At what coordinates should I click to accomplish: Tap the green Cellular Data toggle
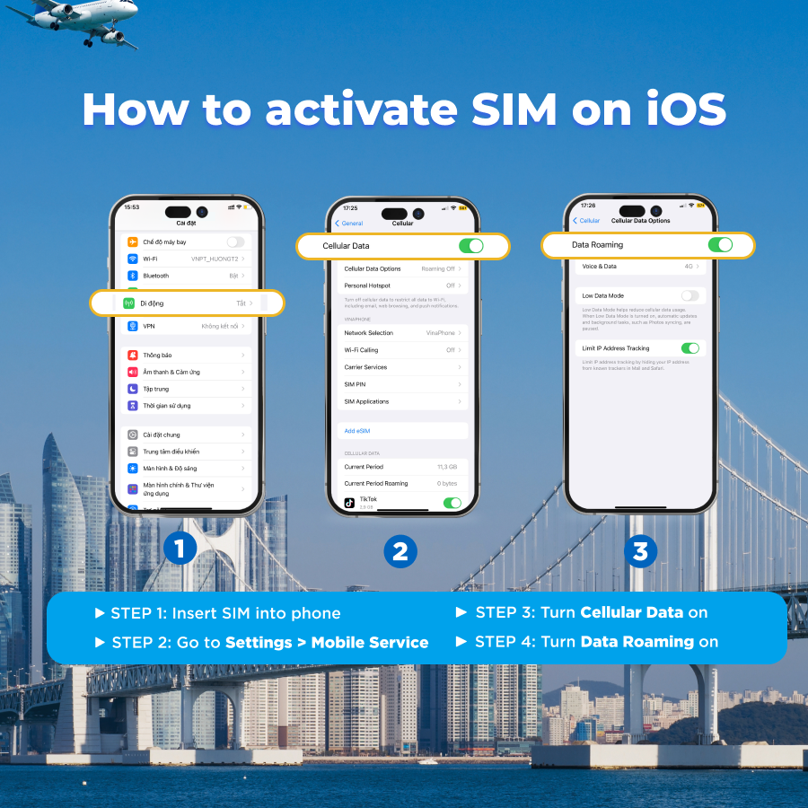point(470,246)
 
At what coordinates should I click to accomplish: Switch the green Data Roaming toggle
point(720,244)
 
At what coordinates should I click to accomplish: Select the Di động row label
point(152,303)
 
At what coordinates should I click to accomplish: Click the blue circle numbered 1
point(180,549)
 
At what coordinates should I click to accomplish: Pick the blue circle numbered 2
point(400,550)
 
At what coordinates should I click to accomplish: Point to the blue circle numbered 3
point(639,550)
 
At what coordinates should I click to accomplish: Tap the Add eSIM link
point(357,431)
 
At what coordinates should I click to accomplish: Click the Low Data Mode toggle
point(689,295)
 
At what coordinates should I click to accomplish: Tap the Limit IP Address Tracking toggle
point(689,348)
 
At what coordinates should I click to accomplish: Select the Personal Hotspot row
point(402,285)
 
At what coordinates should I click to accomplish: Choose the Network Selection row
point(402,333)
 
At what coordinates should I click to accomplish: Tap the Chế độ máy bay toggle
point(235,242)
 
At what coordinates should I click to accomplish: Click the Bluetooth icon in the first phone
point(133,276)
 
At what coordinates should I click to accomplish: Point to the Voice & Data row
point(639,267)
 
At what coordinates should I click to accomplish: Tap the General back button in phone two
point(349,224)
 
